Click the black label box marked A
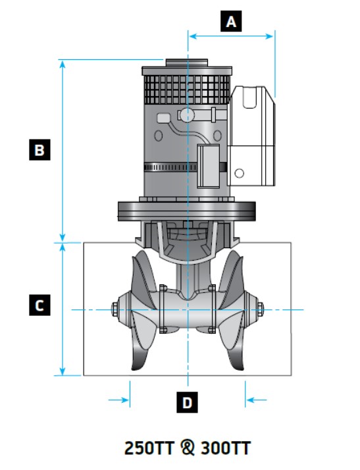[x=231, y=21]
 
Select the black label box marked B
[x=39, y=149]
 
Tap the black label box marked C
[x=39, y=305]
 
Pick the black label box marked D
[x=187, y=402]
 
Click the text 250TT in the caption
[x=149, y=448]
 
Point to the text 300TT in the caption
[x=226, y=448]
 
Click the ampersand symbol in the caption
[x=188, y=448]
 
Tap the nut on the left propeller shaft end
[x=115, y=309]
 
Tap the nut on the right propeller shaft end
[x=260, y=309]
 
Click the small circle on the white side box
[x=239, y=173]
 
